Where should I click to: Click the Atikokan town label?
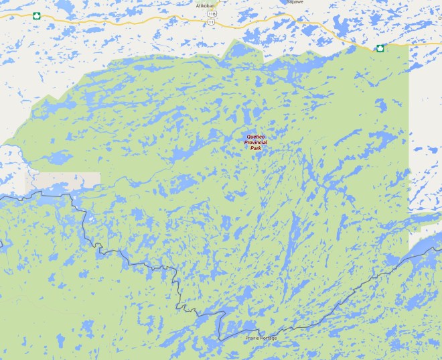[x=205, y=5]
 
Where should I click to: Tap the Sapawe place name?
[x=295, y=2]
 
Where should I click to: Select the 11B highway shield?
[x=212, y=13]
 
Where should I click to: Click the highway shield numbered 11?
[x=212, y=21]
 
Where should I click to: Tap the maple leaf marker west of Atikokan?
[x=36, y=15]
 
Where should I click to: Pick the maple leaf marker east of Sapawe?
[x=380, y=48]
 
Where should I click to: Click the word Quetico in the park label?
[x=255, y=137]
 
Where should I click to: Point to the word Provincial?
[x=255, y=143]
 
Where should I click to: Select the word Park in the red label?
[x=255, y=148]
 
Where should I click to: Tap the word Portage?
[x=269, y=338]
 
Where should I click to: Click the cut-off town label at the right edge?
[x=440, y=19]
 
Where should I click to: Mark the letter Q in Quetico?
[x=248, y=137]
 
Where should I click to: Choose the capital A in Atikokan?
[x=197, y=5]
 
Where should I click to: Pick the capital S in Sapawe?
[x=288, y=2]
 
